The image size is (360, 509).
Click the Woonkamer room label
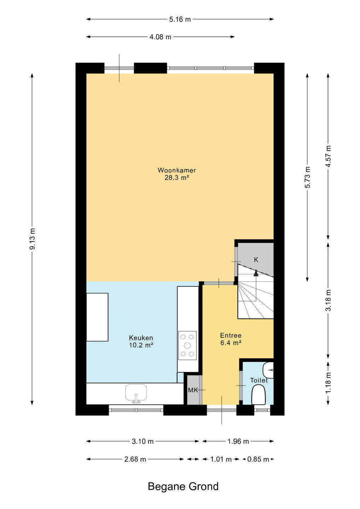click(x=176, y=170)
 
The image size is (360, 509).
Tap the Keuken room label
click(x=141, y=338)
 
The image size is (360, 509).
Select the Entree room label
click(x=231, y=335)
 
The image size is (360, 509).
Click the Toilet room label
click(x=259, y=380)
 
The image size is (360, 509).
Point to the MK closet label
click(x=193, y=390)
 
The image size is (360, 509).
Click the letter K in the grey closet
click(x=256, y=260)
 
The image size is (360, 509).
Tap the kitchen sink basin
click(x=136, y=393)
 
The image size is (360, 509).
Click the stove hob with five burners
click(x=187, y=345)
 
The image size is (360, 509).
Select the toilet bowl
click(x=259, y=396)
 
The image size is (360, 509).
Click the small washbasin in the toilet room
click(x=268, y=370)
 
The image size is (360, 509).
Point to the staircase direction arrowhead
click(x=256, y=273)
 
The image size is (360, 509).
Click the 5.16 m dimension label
click(x=180, y=19)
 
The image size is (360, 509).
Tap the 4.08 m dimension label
click(x=160, y=37)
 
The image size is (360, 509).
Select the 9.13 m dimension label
click(x=33, y=239)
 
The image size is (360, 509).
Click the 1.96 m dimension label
click(x=238, y=441)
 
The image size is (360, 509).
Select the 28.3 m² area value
click(x=177, y=178)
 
